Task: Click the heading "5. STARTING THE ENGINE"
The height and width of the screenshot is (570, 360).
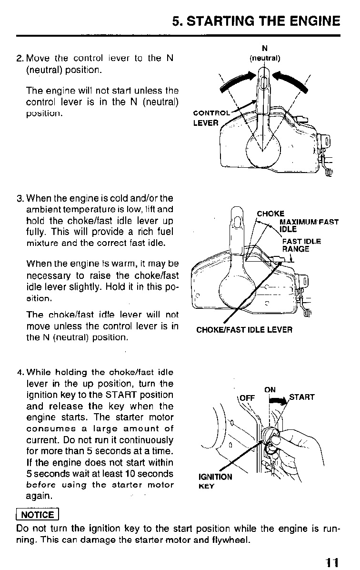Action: click(x=256, y=21)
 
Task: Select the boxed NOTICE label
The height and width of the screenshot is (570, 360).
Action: click(x=38, y=514)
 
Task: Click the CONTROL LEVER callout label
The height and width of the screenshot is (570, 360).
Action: click(x=210, y=118)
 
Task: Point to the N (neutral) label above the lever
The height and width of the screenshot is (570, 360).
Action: click(x=265, y=53)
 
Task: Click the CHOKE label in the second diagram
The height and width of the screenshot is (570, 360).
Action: click(x=270, y=214)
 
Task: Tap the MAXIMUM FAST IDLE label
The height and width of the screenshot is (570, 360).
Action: click(x=308, y=225)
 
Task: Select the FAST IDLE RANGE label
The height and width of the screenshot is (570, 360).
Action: click(x=301, y=245)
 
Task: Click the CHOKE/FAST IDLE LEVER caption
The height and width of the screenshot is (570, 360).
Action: click(x=244, y=330)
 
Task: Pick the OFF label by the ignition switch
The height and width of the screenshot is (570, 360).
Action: click(x=248, y=397)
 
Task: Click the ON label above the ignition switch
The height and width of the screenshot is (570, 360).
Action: click(x=270, y=389)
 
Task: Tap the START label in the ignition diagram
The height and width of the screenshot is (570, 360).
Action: click(x=302, y=397)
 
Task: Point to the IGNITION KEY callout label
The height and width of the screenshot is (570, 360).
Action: click(x=215, y=481)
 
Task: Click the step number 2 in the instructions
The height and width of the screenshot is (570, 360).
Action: click(x=19, y=59)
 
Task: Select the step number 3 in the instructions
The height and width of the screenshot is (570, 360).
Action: click(x=19, y=198)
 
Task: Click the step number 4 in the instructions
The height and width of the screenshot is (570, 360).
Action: click(x=20, y=372)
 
